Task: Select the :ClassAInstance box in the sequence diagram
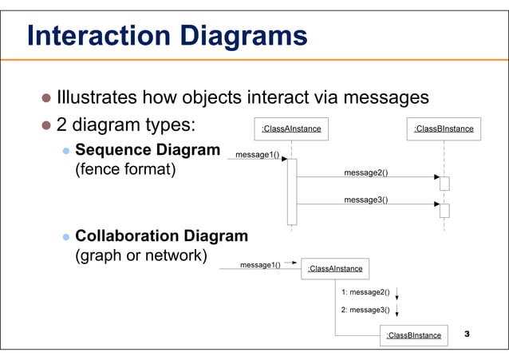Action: (291, 129)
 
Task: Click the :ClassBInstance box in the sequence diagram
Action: (444, 129)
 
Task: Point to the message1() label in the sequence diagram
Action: (257, 154)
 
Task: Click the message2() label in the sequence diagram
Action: (365, 172)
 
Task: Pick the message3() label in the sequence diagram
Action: (365, 200)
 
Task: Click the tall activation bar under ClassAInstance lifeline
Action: (292, 192)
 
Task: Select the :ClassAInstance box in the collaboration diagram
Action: (335, 269)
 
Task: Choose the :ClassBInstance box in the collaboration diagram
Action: (413, 335)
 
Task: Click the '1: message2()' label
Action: (365, 292)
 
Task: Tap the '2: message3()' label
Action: (365, 310)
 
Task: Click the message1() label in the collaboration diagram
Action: (260, 264)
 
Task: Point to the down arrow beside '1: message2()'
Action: (397, 293)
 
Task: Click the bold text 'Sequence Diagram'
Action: (148, 150)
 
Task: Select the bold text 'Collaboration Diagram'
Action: (161, 236)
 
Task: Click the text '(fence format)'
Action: (124, 171)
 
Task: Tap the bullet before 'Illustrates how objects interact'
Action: (46, 99)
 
